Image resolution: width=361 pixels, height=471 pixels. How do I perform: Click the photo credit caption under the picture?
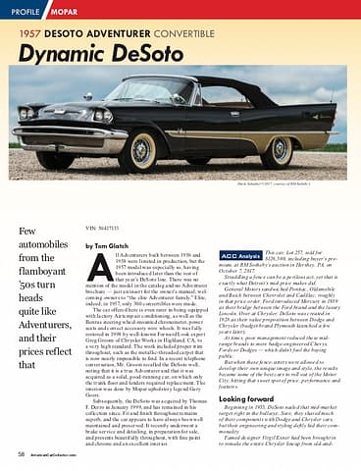(x=312, y=183)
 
